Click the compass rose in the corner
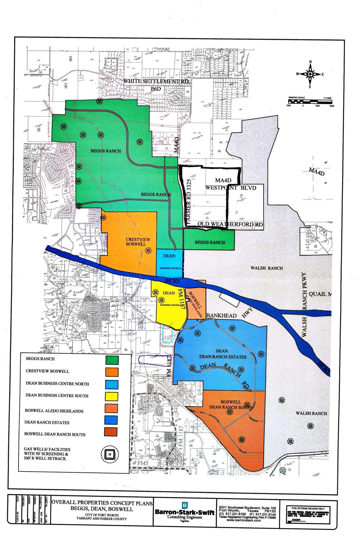[310, 74]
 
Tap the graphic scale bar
[310, 101]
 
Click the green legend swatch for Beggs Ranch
[112, 360]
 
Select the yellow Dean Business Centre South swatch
[112, 397]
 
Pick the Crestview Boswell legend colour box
[112, 372]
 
